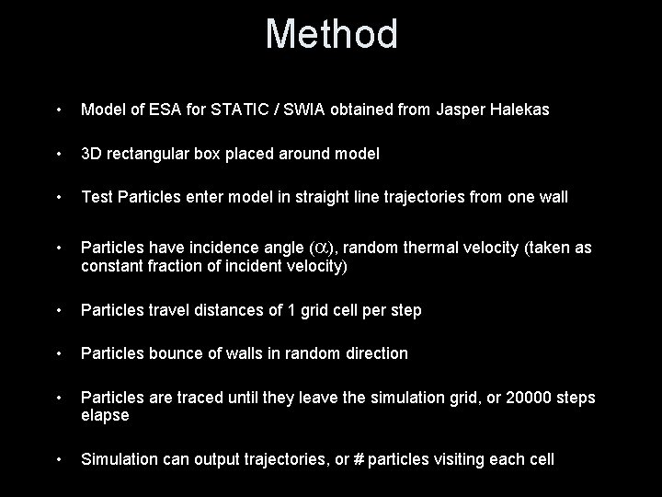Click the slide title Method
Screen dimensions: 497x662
click(x=331, y=35)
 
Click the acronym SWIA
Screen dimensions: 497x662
click(x=306, y=110)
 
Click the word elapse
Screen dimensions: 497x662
click(x=105, y=415)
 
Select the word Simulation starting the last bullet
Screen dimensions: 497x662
click(x=119, y=459)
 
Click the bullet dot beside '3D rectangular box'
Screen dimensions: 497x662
click(x=58, y=154)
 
